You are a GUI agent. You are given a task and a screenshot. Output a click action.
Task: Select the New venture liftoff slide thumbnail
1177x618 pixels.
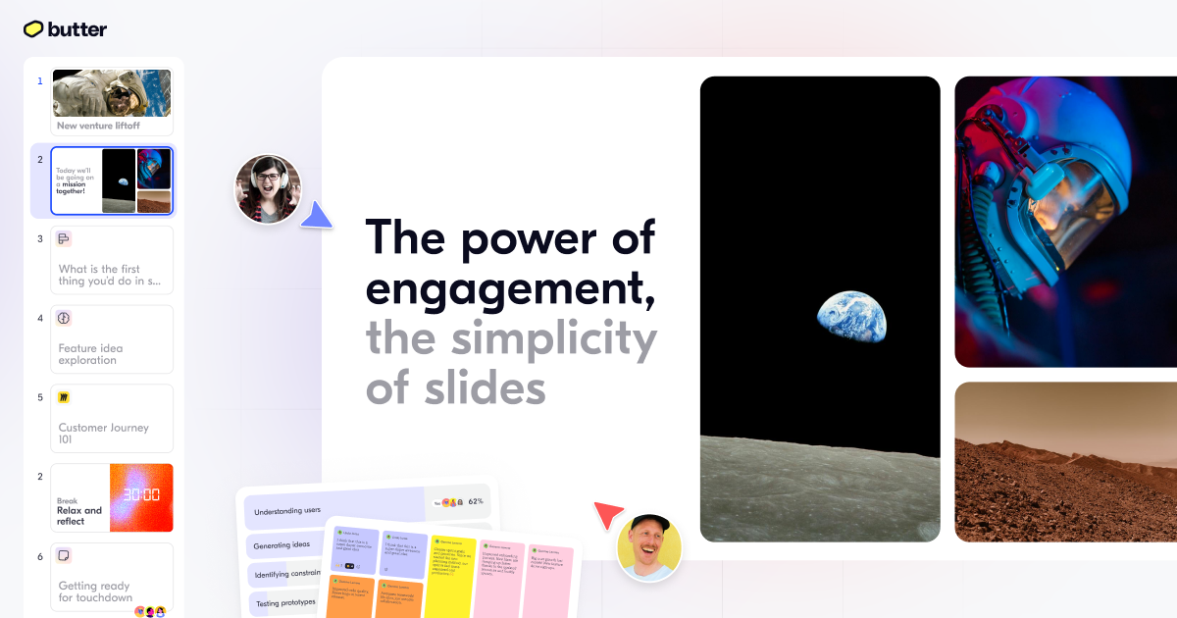[x=112, y=101]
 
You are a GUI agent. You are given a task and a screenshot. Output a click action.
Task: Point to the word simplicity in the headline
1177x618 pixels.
[x=553, y=338]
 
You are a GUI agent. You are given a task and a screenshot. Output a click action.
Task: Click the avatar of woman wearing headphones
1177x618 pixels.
[x=268, y=188]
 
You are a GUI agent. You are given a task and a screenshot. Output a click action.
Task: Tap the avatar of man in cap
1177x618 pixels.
[x=649, y=546]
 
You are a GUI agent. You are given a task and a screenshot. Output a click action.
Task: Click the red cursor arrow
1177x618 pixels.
[x=608, y=515]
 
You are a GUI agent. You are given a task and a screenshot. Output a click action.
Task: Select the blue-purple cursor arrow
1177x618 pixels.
[x=316, y=216]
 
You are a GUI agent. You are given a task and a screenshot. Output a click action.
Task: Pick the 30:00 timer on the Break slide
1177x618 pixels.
[x=142, y=497]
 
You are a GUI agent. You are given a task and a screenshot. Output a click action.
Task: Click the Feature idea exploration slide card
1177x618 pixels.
[x=112, y=339]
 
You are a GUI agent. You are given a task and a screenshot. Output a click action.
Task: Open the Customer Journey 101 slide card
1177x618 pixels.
[x=112, y=419]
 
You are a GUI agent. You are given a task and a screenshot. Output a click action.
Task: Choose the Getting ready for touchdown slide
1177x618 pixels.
[x=112, y=578]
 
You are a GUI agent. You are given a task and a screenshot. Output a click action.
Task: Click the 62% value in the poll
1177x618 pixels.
[x=476, y=501]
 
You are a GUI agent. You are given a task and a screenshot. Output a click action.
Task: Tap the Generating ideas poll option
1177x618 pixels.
[x=281, y=544]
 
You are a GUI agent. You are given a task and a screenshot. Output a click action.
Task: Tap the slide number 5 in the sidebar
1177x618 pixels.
[x=40, y=397]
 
